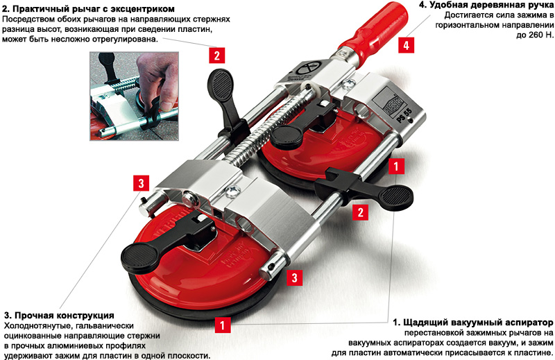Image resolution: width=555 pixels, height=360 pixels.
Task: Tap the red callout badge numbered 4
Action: [406, 45]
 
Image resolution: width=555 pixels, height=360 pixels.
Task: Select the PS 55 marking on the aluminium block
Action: [404, 116]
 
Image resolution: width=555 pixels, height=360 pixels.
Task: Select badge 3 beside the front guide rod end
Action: [294, 277]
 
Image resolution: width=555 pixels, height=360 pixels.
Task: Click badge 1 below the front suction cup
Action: [222, 325]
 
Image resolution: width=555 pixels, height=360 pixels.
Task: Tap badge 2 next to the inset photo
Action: [216, 55]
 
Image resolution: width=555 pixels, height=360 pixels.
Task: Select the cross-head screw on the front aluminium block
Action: [233, 192]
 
